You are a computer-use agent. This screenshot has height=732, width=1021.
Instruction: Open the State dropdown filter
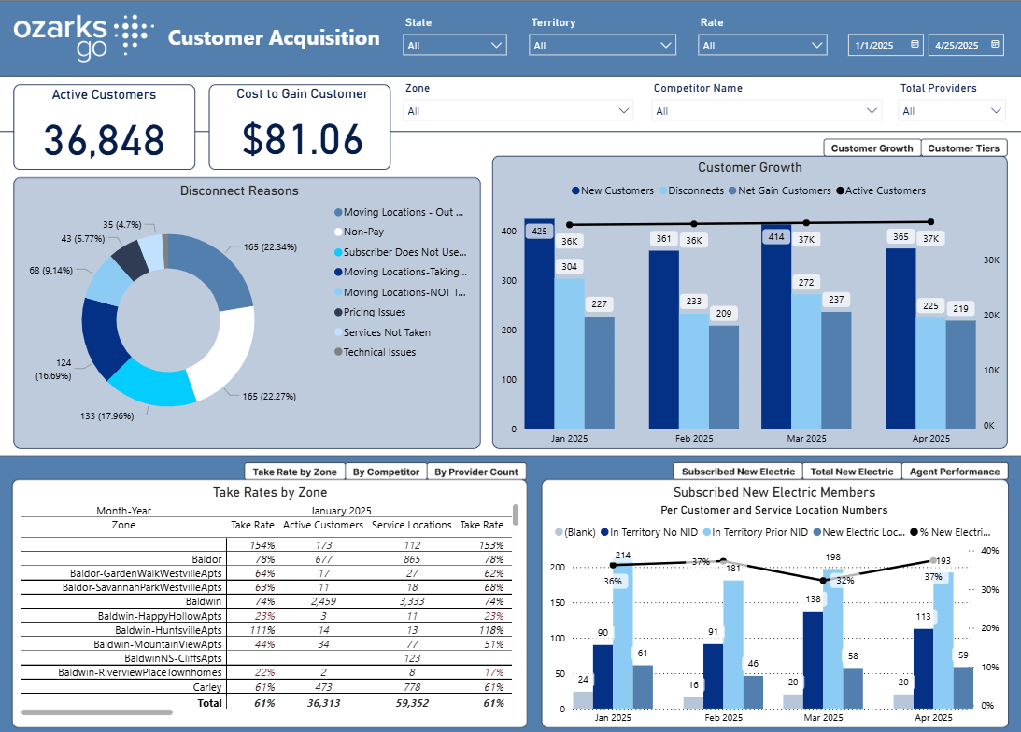click(x=455, y=45)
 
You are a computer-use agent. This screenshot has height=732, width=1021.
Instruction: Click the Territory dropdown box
click(x=602, y=45)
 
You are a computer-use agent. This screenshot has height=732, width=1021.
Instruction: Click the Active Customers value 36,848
click(x=104, y=139)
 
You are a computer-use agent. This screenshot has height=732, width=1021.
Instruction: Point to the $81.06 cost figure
click(x=302, y=139)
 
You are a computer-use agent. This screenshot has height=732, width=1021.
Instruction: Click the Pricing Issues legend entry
click(x=374, y=313)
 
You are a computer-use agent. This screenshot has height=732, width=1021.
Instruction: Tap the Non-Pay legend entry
click(x=363, y=232)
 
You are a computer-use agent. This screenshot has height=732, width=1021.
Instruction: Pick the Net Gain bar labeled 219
click(x=960, y=373)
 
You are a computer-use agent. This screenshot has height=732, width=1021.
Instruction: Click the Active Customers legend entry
click(x=885, y=191)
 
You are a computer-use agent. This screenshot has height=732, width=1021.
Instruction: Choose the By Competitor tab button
click(x=386, y=472)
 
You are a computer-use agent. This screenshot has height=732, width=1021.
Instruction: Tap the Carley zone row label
click(x=207, y=687)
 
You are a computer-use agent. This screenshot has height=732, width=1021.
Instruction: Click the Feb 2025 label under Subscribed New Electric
click(x=724, y=718)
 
